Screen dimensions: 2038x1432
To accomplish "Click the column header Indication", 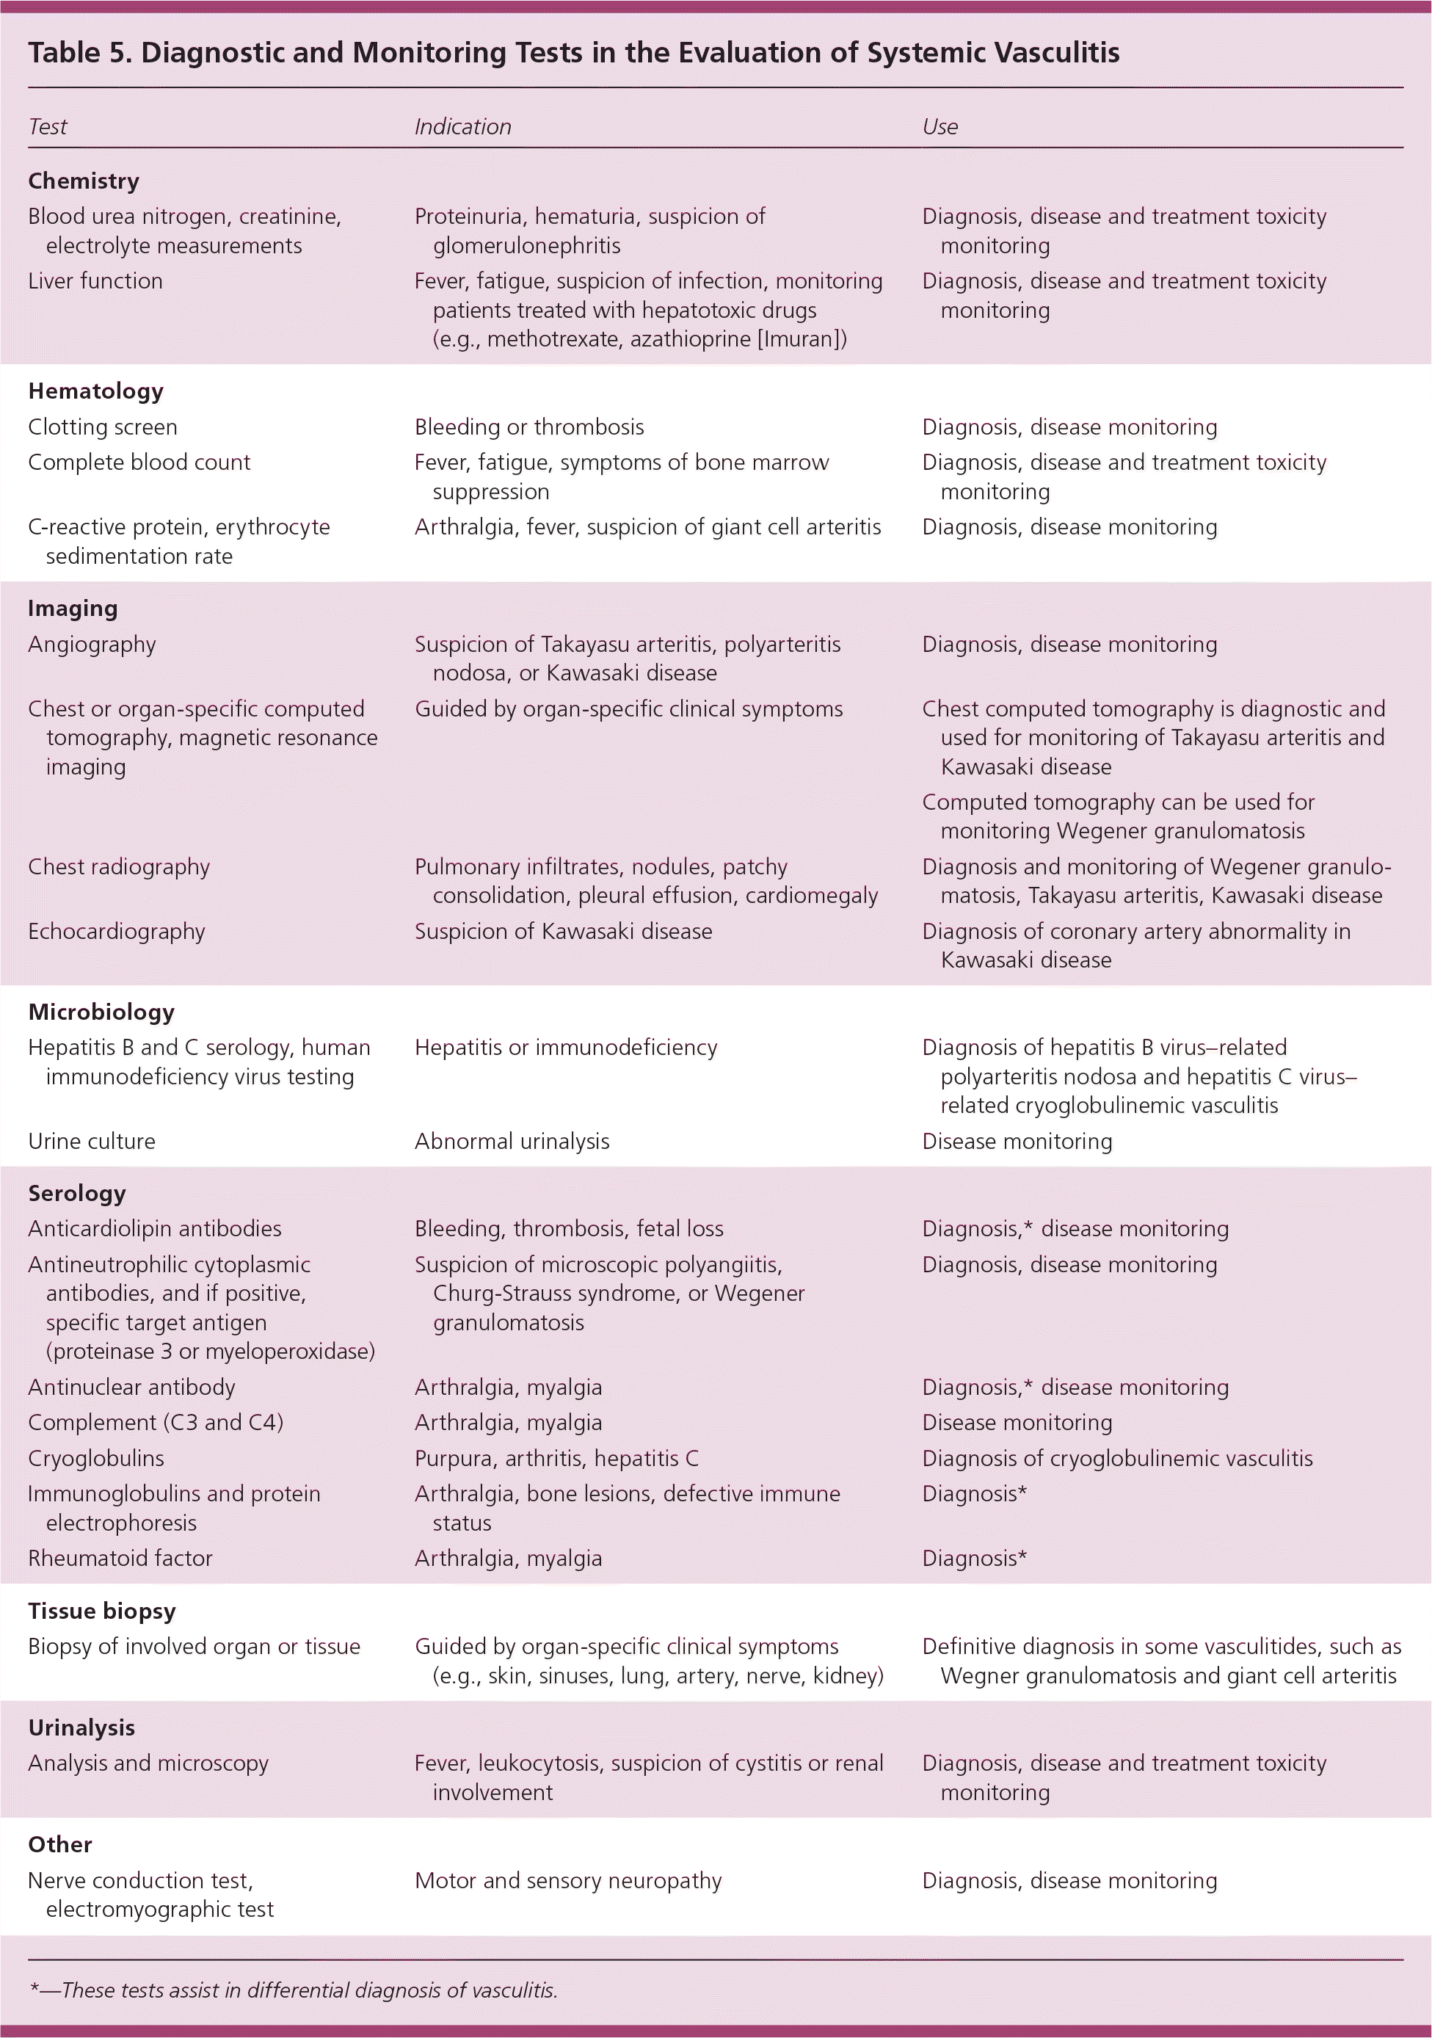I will (x=462, y=127).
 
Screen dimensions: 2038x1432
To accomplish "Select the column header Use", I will (x=939, y=127).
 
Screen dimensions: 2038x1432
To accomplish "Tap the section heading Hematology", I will (x=96, y=391).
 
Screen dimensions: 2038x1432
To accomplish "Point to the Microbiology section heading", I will (x=101, y=1012).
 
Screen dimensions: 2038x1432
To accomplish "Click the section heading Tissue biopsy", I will (x=102, y=1611).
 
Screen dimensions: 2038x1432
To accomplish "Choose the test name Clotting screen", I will (x=103, y=427).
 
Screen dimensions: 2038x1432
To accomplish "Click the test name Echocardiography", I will (x=116, y=931).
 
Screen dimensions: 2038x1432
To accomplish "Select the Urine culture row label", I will (x=92, y=1142).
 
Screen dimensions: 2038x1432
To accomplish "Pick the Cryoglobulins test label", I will (x=96, y=1458).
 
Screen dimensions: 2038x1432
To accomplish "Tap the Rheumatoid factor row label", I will (x=120, y=1559).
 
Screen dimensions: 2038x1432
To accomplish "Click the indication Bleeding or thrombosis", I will (x=528, y=427).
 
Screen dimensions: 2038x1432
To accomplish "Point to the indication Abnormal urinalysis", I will (x=512, y=1142).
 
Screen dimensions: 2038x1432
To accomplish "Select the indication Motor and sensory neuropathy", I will (x=568, y=1881).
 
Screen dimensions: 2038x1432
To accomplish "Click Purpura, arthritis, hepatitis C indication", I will (x=556, y=1458).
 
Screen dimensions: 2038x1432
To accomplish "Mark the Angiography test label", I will (x=92, y=645).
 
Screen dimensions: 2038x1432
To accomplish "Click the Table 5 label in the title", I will (x=78, y=54).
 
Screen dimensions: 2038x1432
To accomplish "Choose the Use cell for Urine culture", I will (x=1017, y=1142).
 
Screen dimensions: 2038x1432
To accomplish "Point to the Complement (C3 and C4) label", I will (x=156, y=1423).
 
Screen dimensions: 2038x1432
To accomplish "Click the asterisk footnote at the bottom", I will (x=293, y=1990).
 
